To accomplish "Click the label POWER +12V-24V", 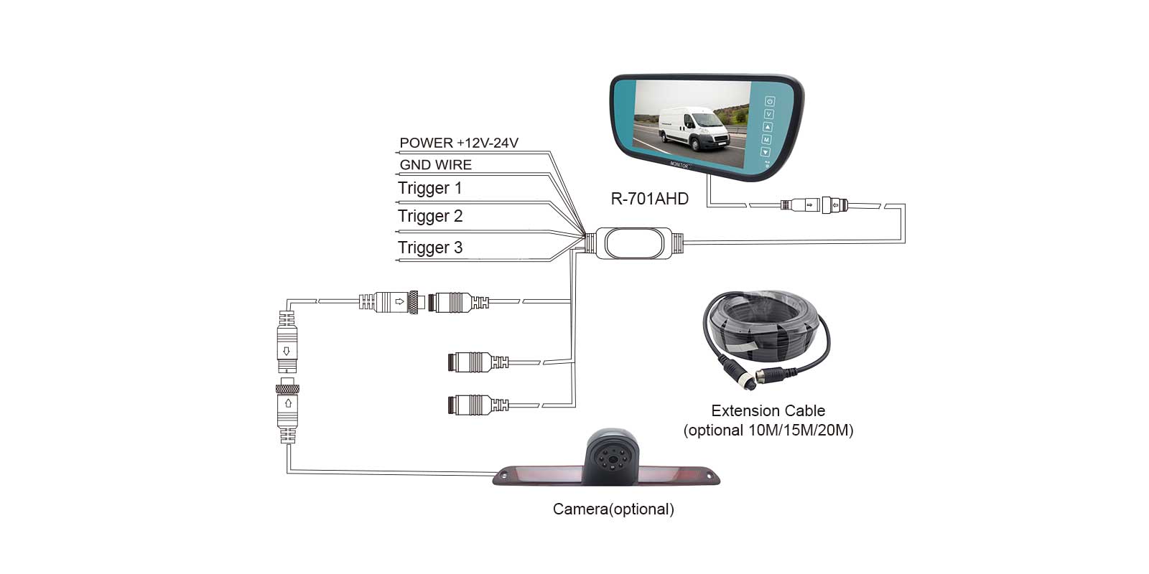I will coord(459,143).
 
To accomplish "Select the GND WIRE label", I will coord(435,165).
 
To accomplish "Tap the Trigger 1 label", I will coord(429,188).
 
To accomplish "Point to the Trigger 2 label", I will coord(430,216).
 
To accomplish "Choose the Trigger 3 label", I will coord(430,248).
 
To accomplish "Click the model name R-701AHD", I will coord(649,199).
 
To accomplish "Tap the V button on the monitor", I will coord(768,114).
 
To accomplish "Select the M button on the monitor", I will coord(766,139).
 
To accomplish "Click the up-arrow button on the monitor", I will coord(768,127).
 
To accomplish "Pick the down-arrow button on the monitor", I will coord(766,152).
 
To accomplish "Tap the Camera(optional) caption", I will coord(613,509).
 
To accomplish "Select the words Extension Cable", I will coord(768,411).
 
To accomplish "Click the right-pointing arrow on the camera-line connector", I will coord(399,301).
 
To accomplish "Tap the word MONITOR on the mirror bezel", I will coord(679,165).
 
